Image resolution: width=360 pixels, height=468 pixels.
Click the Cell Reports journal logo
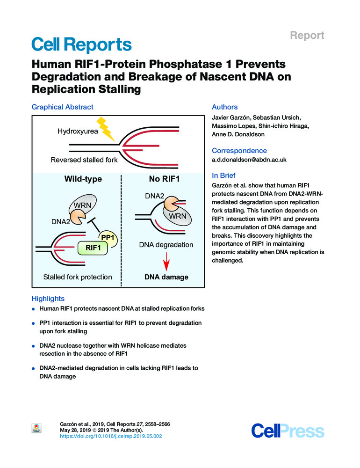point(81,45)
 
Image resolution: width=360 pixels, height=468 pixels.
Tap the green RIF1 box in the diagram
point(93,247)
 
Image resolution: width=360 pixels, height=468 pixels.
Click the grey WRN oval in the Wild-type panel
point(82,205)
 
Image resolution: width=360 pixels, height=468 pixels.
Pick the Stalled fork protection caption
point(78,277)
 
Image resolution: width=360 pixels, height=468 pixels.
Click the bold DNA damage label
point(166,277)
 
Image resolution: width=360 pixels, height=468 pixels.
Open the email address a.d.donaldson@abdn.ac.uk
point(249,160)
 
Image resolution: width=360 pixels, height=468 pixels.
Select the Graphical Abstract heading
point(62,107)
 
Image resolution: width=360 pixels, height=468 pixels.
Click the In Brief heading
point(223,175)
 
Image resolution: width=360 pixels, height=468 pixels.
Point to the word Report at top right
point(308,35)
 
